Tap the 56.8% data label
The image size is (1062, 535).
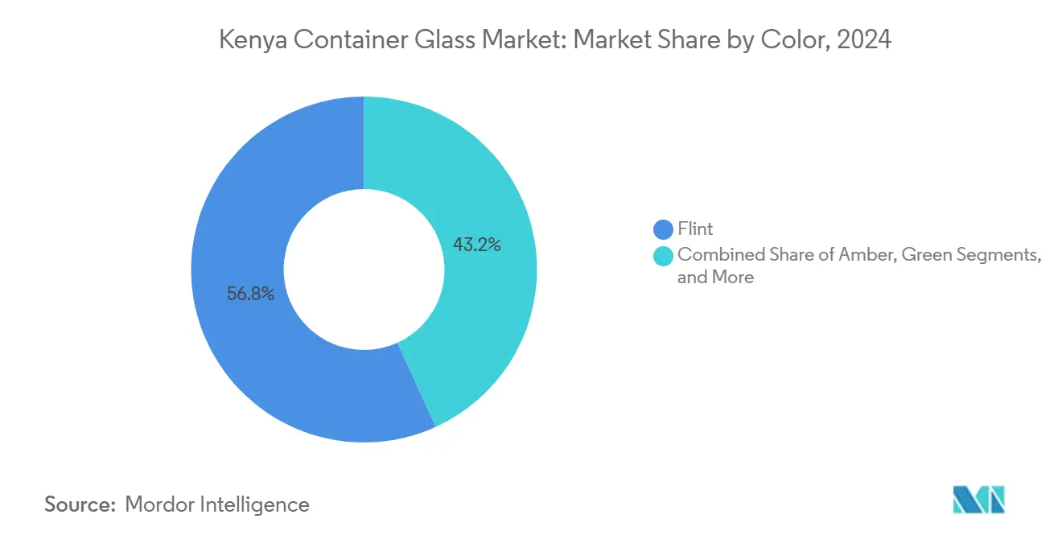[x=250, y=294]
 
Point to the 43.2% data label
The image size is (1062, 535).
[x=476, y=245]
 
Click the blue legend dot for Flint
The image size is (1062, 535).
[x=664, y=230]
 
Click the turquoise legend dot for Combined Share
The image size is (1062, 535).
[x=664, y=256]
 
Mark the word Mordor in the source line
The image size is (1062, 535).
[x=162, y=504]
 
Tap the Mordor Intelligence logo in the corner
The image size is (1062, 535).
[x=978, y=500]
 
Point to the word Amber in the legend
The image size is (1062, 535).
[x=869, y=256]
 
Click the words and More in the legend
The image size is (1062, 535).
[x=715, y=278]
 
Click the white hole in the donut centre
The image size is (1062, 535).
[x=364, y=269]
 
